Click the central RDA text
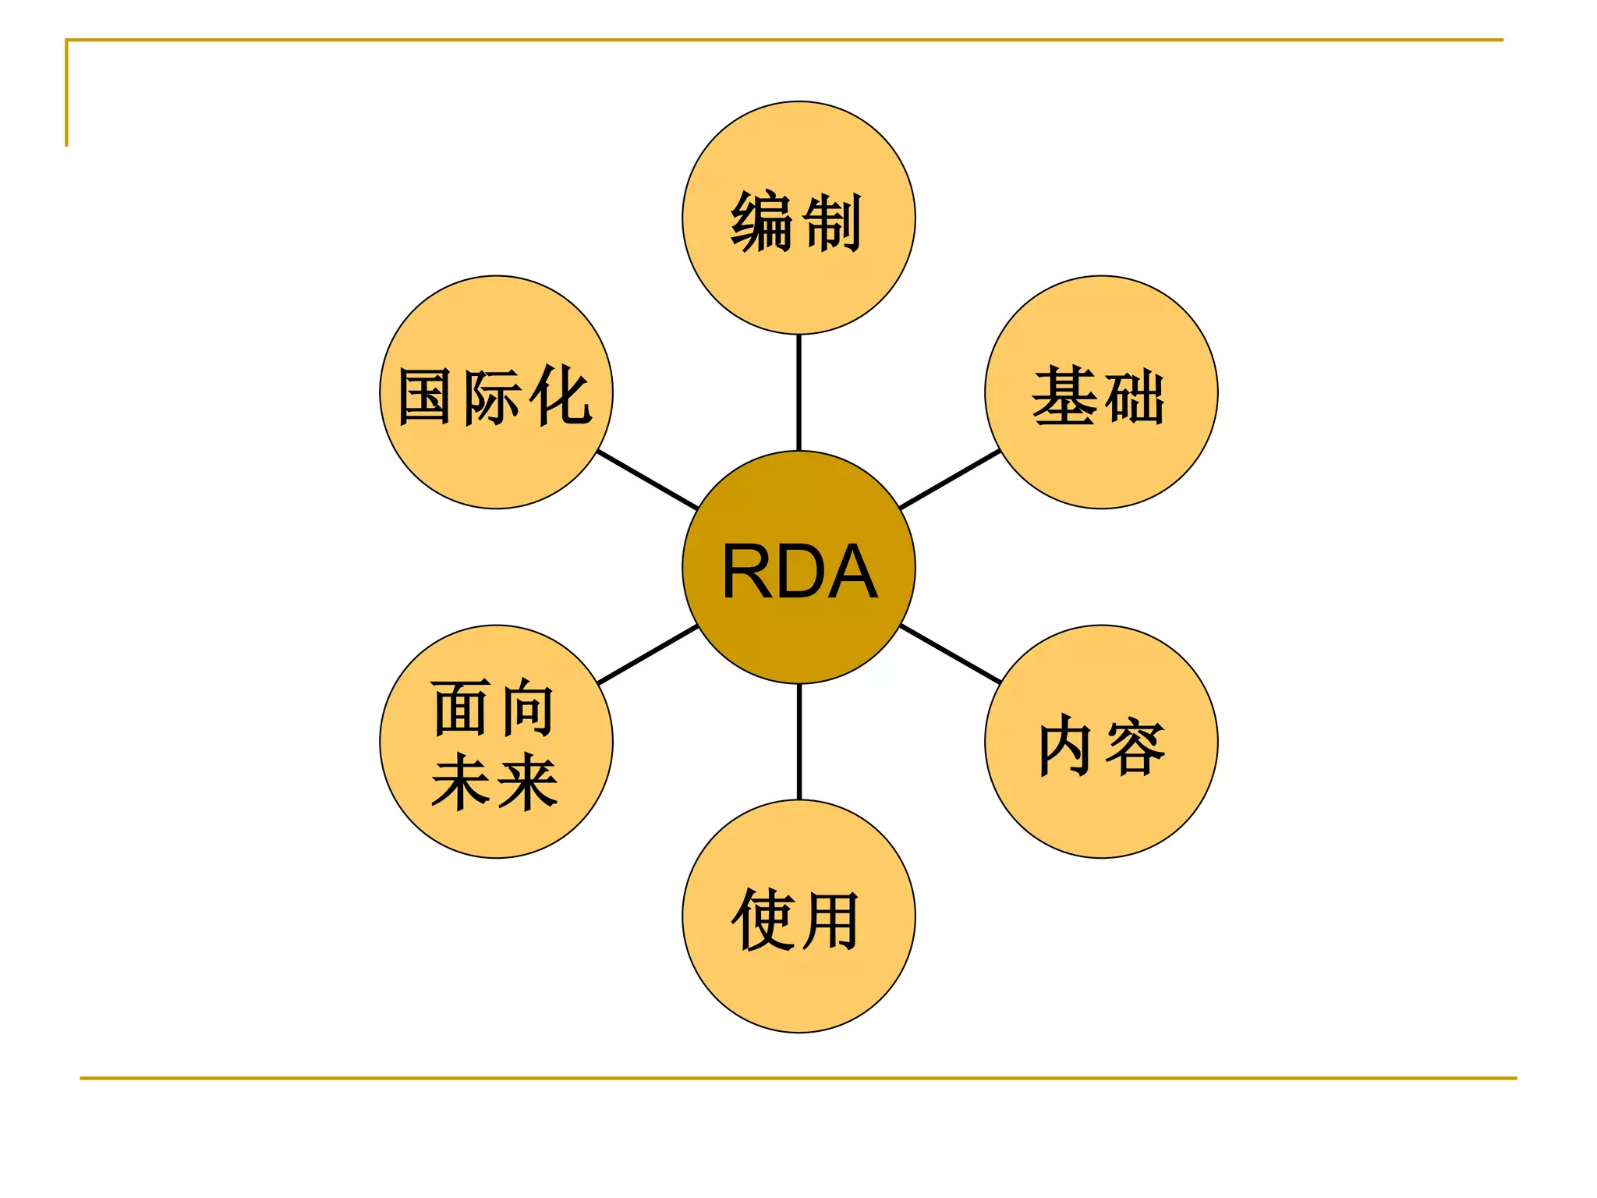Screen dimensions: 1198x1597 click(x=799, y=572)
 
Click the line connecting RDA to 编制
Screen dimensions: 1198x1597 click(x=798, y=392)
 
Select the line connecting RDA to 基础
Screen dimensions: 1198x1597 click(x=950, y=479)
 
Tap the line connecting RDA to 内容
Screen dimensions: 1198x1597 click(x=950, y=654)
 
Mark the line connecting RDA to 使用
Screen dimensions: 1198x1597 click(x=798, y=742)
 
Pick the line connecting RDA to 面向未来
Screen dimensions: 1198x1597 click(x=647, y=654)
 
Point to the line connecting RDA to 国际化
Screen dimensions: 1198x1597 click(x=647, y=480)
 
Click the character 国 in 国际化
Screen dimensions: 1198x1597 click(x=424, y=397)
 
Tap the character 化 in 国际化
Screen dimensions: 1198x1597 click(x=560, y=396)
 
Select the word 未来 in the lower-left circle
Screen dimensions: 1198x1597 click(x=494, y=781)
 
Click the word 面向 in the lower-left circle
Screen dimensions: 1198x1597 click(x=494, y=708)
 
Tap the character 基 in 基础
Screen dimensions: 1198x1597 click(x=1065, y=396)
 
